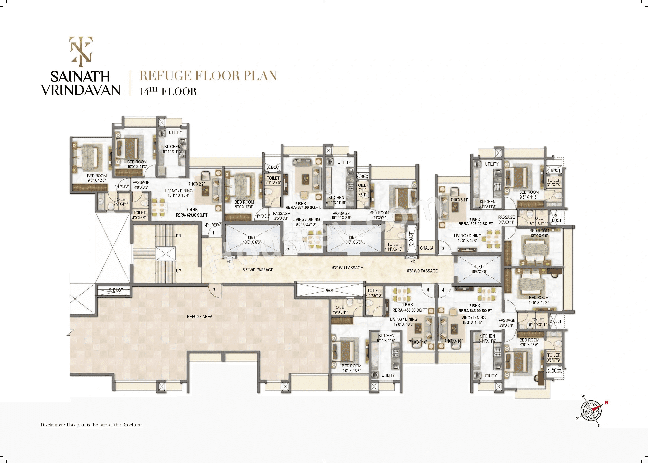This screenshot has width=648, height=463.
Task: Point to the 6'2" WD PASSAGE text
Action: tap(347, 268)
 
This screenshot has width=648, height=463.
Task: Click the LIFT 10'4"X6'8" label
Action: tap(479, 269)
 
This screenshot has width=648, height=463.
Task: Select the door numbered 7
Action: tap(214, 290)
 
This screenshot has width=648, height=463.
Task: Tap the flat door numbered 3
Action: tap(443, 249)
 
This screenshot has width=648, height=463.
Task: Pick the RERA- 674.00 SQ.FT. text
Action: tap(303, 207)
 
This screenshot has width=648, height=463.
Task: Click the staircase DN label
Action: tap(178, 236)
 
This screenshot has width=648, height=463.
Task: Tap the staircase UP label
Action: tap(178, 271)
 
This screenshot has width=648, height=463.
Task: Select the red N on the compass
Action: tap(606, 402)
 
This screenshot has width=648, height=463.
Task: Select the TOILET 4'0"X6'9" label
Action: tap(139, 215)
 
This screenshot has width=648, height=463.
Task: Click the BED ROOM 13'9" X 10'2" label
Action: tap(538, 300)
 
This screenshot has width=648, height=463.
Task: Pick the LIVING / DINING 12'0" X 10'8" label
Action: tap(403, 322)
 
